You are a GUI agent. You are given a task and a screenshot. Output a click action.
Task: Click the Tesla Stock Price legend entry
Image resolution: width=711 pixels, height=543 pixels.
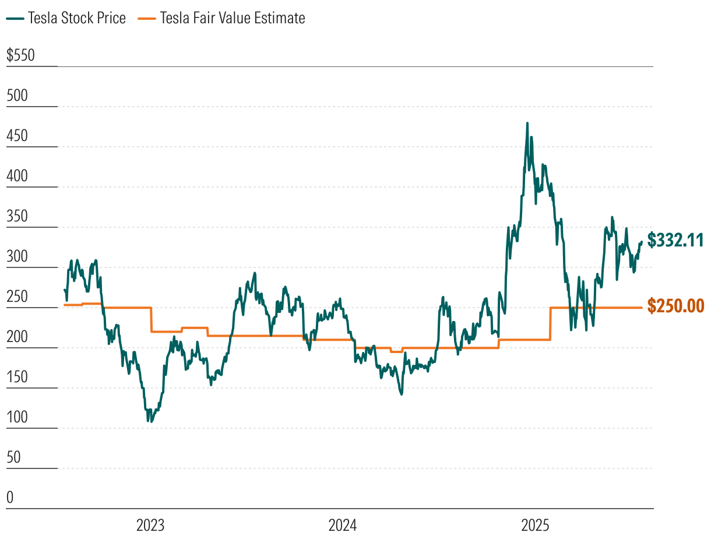[66, 19]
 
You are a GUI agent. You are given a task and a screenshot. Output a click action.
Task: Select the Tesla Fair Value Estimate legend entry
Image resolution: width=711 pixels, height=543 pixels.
[221, 19]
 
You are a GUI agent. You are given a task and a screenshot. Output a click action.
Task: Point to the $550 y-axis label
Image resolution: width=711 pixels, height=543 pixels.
[21, 56]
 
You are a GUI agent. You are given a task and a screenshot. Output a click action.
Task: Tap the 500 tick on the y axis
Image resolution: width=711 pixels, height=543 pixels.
[17, 96]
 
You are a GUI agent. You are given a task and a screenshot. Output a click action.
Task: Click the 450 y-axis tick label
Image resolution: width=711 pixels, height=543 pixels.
[17, 136]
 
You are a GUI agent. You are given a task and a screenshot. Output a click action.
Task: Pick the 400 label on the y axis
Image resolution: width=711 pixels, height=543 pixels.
[17, 177]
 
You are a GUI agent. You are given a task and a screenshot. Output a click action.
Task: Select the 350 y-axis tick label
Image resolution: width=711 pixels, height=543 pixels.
[17, 217]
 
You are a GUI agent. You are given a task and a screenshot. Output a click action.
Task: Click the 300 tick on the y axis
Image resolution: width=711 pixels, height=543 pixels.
[17, 257]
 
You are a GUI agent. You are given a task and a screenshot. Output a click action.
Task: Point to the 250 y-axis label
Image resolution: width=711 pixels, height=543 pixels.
[17, 297]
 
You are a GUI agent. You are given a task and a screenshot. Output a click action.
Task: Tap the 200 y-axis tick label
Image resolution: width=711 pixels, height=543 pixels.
[17, 337]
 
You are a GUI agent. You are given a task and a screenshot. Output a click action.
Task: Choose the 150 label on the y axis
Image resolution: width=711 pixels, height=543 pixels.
[17, 378]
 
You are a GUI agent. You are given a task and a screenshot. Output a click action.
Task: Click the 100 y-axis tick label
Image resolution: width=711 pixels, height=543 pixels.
[17, 418]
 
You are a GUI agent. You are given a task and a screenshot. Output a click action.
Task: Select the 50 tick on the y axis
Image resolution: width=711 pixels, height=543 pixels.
[13, 458]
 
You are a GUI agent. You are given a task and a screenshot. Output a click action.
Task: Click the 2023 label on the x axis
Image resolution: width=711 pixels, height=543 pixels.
[150, 526]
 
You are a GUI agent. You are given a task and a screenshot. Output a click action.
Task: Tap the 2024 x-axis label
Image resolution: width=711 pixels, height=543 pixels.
[343, 526]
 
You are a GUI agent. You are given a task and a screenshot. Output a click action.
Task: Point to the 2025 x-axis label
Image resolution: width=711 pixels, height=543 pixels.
[535, 526]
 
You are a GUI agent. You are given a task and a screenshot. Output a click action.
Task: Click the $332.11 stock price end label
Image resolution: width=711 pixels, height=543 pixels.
[676, 240]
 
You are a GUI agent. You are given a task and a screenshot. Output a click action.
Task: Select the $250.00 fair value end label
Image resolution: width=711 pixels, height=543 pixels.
[676, 306]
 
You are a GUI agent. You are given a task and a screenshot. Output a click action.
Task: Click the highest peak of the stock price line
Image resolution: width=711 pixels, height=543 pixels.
[527, 124]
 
